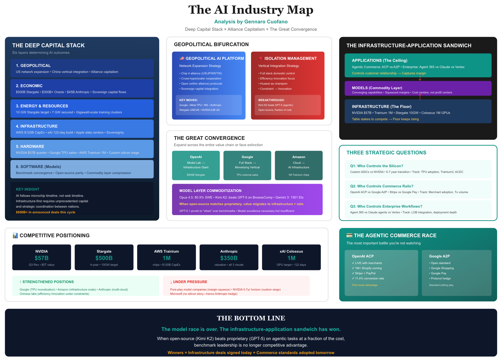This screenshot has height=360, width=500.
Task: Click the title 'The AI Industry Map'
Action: [251, 10]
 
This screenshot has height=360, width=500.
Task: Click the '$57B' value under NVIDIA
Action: [42, 258]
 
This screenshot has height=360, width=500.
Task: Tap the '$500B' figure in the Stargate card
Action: [104, 258]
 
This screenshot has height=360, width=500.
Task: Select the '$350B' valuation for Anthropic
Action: [229, 258]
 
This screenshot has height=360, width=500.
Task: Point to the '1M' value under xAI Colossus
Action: [291, 258]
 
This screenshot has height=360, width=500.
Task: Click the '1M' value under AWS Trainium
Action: [167, 258]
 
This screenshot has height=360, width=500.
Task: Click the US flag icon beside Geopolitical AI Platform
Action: [182, 58]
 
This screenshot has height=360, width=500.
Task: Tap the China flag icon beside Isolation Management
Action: [261, 58]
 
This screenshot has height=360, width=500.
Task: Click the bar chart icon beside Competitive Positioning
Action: [15, 236]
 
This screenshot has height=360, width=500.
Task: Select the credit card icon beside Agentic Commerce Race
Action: [349, 235]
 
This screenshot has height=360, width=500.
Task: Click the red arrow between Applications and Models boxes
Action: [420, 77]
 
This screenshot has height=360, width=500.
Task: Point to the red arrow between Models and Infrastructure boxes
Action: [420, 97]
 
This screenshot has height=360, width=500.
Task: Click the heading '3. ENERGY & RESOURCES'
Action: [42, 106]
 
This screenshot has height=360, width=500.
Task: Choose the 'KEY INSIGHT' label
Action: [28, 189]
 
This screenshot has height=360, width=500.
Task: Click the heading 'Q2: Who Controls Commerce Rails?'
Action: [382, 186]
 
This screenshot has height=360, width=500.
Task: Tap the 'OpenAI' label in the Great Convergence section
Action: [196, 157]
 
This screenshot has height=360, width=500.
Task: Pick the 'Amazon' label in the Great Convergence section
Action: [299, 157]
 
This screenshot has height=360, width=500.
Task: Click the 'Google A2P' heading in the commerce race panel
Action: [439, 256]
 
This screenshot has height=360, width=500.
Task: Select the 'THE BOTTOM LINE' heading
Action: [251, 318]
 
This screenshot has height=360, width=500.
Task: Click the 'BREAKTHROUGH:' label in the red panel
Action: [271, 100]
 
